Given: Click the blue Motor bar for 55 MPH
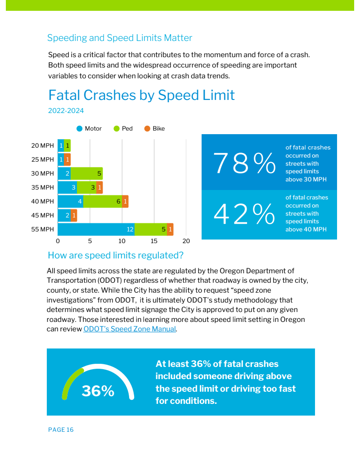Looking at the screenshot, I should click(x=96, y=229).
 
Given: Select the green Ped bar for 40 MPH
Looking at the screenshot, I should click(x=103, y=201).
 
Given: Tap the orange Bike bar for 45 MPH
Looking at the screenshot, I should click(x=74, y=215).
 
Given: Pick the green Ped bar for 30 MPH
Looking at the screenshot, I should click(x=86, y=173).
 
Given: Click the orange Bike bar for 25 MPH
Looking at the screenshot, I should click(x=67, y=159).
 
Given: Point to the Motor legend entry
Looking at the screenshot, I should click(x=90, y=129).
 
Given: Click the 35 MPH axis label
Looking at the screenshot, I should click(x=42, y=187).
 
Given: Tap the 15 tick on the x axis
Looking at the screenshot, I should click(x=154, y=241).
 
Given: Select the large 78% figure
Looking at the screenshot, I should click(x=244, y=163).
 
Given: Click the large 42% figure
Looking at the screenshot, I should click(x=244, y=214).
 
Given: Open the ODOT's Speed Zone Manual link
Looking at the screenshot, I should click(x=130, y=329).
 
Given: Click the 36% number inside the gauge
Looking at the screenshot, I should click(x=98, y=391).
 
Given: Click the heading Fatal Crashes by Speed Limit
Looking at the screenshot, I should click(x=141, y=95).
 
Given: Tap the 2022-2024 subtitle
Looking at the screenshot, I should click(x=66, y=110).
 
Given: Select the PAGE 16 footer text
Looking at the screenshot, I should click(x=61, y=430).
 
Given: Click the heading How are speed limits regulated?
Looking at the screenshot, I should click(x=116, y=255).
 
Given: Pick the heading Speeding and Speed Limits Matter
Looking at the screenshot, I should click(x=120, y=38).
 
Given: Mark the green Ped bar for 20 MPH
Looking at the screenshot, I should click(x=67, y=145).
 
